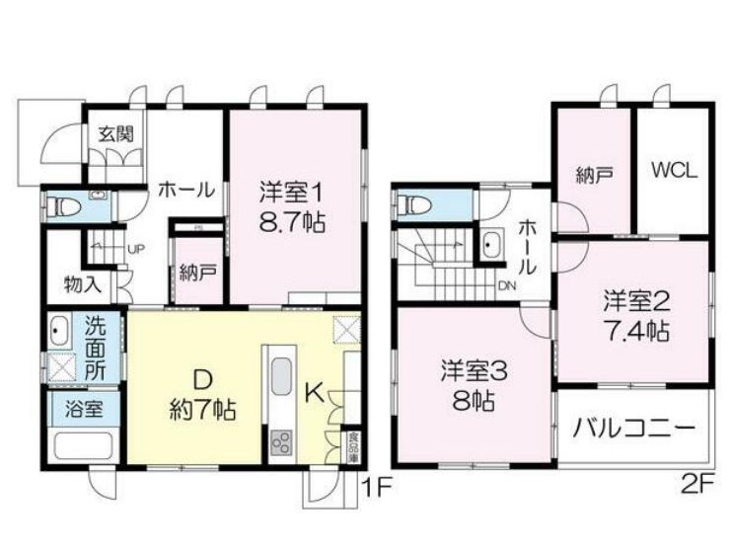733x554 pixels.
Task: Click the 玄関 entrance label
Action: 114,134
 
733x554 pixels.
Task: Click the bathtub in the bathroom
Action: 83,444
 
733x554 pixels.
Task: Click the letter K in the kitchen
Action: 312,393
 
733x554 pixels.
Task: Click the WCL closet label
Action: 673,169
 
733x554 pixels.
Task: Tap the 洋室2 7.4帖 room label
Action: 637,315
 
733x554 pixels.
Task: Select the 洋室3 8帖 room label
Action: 474,386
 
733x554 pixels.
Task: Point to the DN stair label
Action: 506,287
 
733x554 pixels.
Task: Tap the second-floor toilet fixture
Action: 412,205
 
